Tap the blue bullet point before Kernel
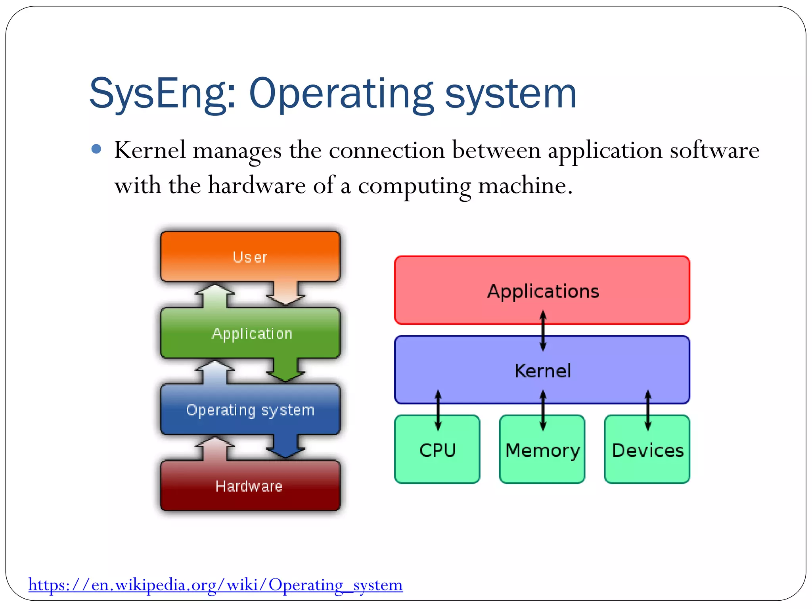96,149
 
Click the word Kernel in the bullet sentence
150,150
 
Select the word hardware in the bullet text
257,185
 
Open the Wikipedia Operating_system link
215,584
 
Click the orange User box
250,257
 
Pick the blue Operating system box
250,410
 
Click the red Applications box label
543,291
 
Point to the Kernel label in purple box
542,371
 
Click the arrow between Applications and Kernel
543,331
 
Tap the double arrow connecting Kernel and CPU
438,410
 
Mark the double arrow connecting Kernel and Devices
647,410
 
